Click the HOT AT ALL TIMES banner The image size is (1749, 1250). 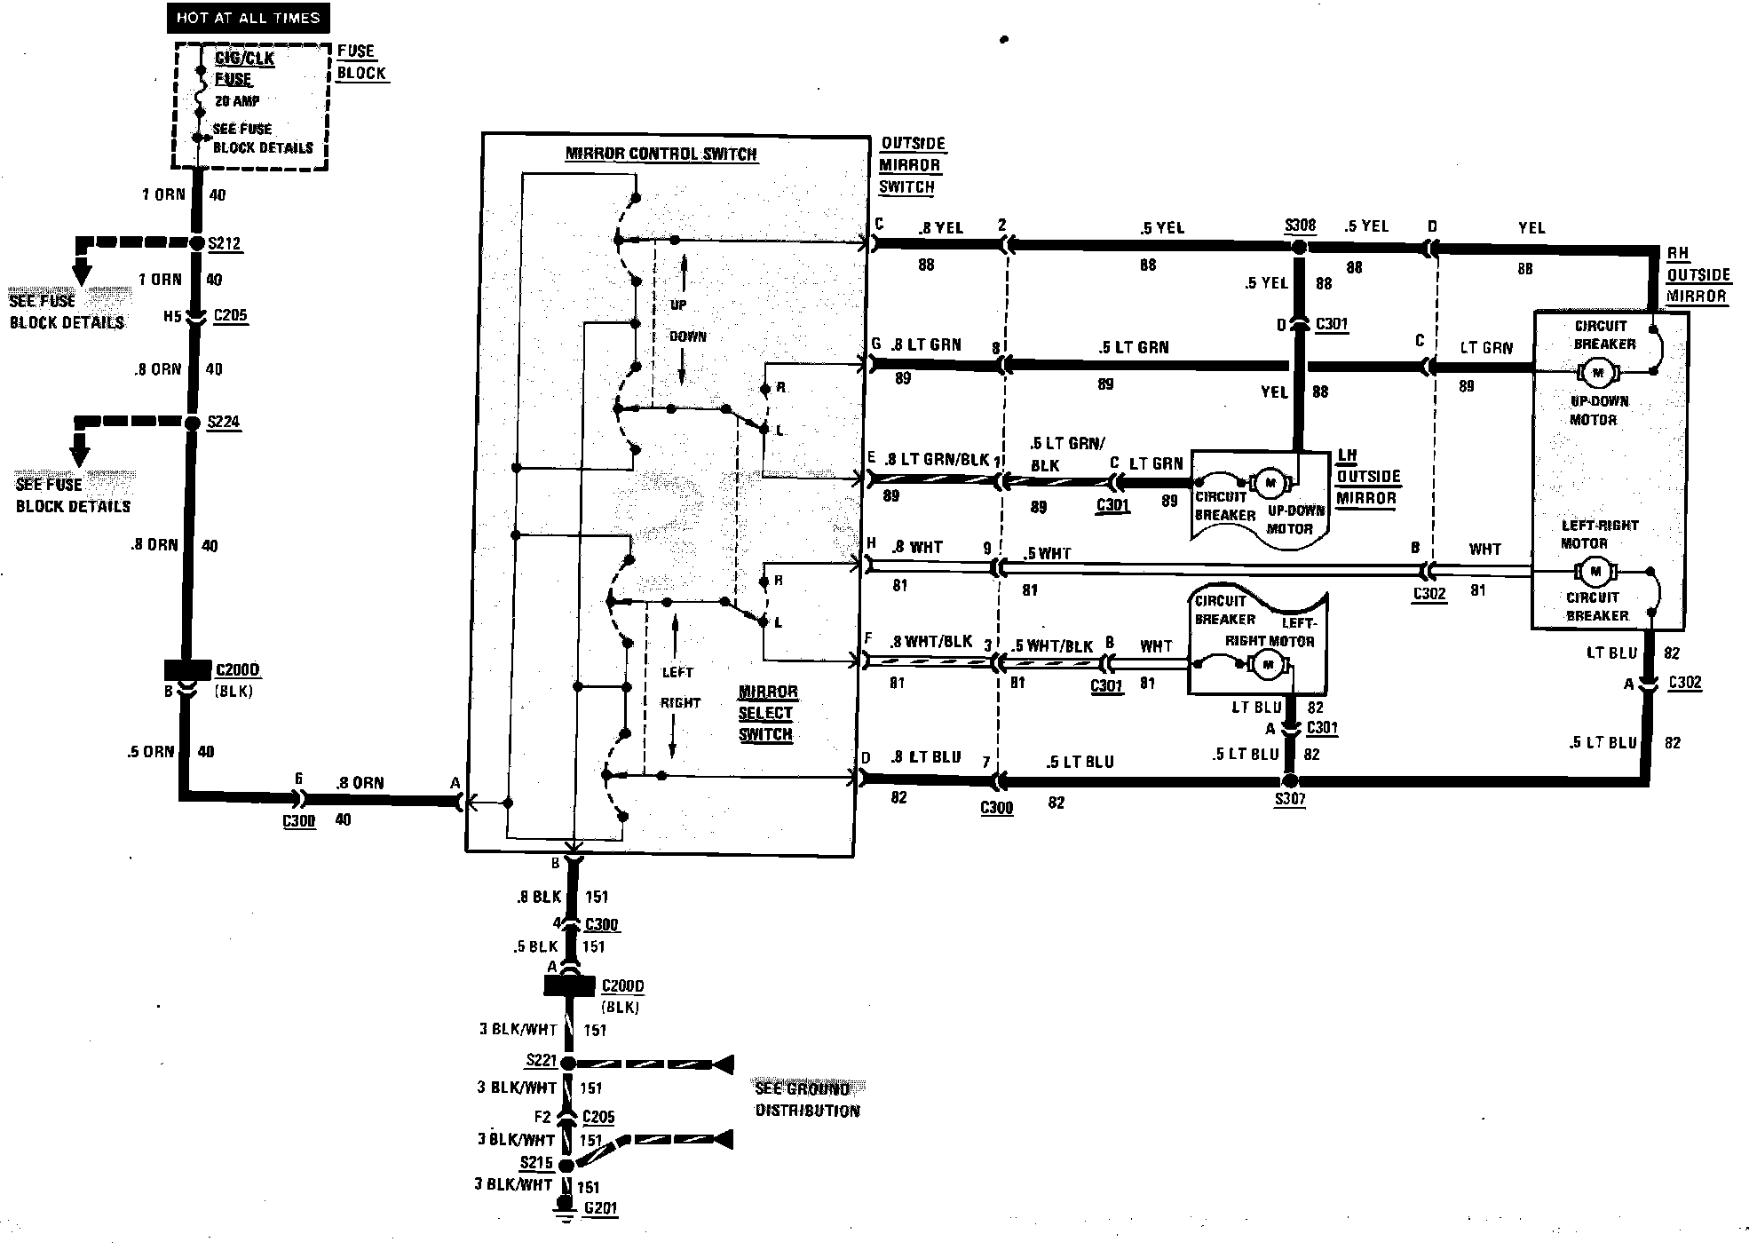248,18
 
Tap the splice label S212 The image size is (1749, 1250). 224,244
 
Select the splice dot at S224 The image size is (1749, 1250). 192,423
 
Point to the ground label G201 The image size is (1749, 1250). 600,1208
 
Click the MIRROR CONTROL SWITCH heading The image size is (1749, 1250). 661,154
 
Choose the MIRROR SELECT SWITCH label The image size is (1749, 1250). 766,713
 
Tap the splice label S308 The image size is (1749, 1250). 1300,225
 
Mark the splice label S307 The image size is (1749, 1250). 1290,799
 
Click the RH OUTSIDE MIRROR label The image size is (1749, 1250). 1697,275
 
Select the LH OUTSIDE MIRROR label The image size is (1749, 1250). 1367,477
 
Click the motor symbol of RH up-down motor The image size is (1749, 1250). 1598,373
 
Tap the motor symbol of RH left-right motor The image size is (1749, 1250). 1595,571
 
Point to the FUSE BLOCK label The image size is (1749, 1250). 361,62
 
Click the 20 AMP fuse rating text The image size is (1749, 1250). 236,101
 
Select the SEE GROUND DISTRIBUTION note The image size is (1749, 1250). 807,1099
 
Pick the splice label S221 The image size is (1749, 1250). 541,1060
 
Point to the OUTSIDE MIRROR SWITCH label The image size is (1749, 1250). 911,165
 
